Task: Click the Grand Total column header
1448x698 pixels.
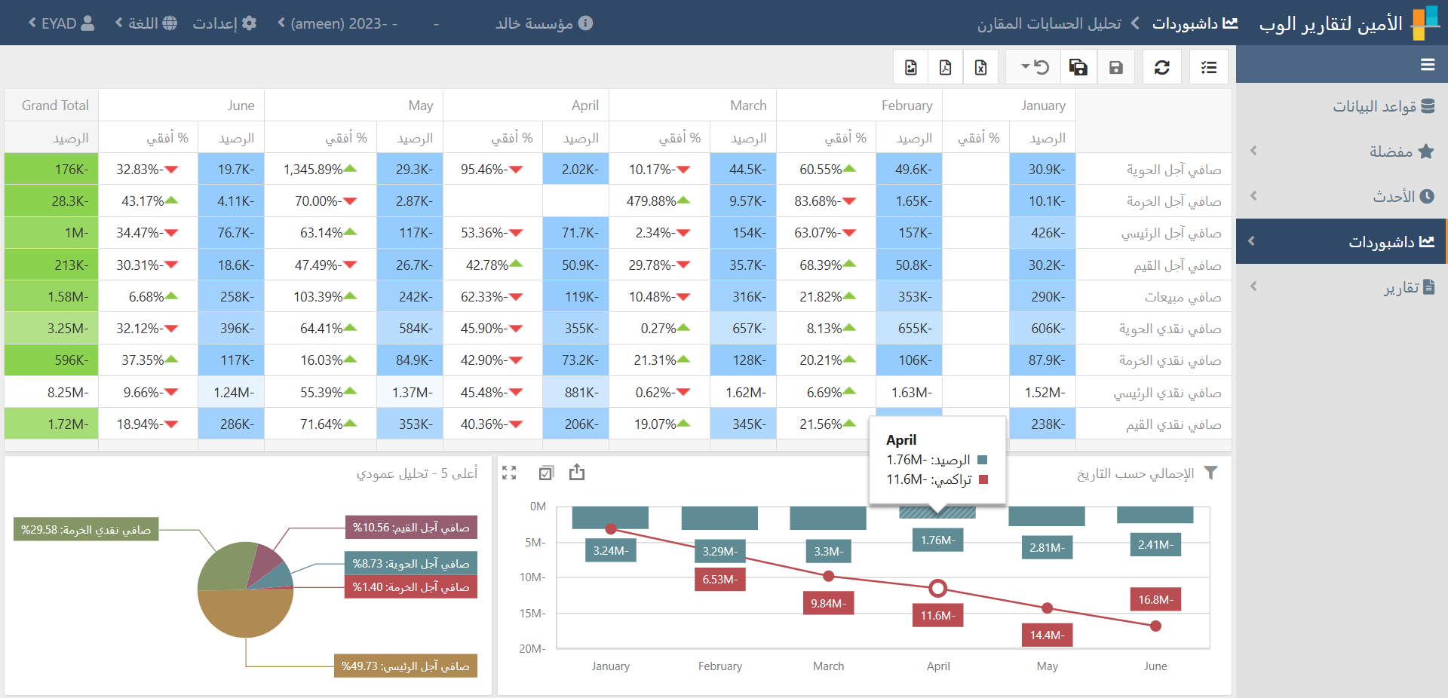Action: (55, 106)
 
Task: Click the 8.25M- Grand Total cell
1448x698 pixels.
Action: (68, 393)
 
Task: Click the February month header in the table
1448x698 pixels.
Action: (907, 106)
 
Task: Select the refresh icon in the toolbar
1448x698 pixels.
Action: (1161, 68)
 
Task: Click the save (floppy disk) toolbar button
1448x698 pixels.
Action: (1116, 68)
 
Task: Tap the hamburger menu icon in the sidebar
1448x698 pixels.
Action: (1427, 65)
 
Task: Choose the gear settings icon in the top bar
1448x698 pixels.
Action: (249, 23)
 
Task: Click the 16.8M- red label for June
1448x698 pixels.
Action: (1155, 600)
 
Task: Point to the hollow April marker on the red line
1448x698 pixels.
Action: (937, 588)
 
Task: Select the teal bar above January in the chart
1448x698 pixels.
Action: (610, 517)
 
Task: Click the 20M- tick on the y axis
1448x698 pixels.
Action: (532, 649)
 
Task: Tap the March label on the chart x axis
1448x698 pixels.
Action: (828, 666)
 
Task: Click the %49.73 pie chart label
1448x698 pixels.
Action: (405, 666)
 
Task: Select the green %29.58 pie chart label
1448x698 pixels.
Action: (86, 530)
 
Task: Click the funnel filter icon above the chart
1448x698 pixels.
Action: (1210, 473)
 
